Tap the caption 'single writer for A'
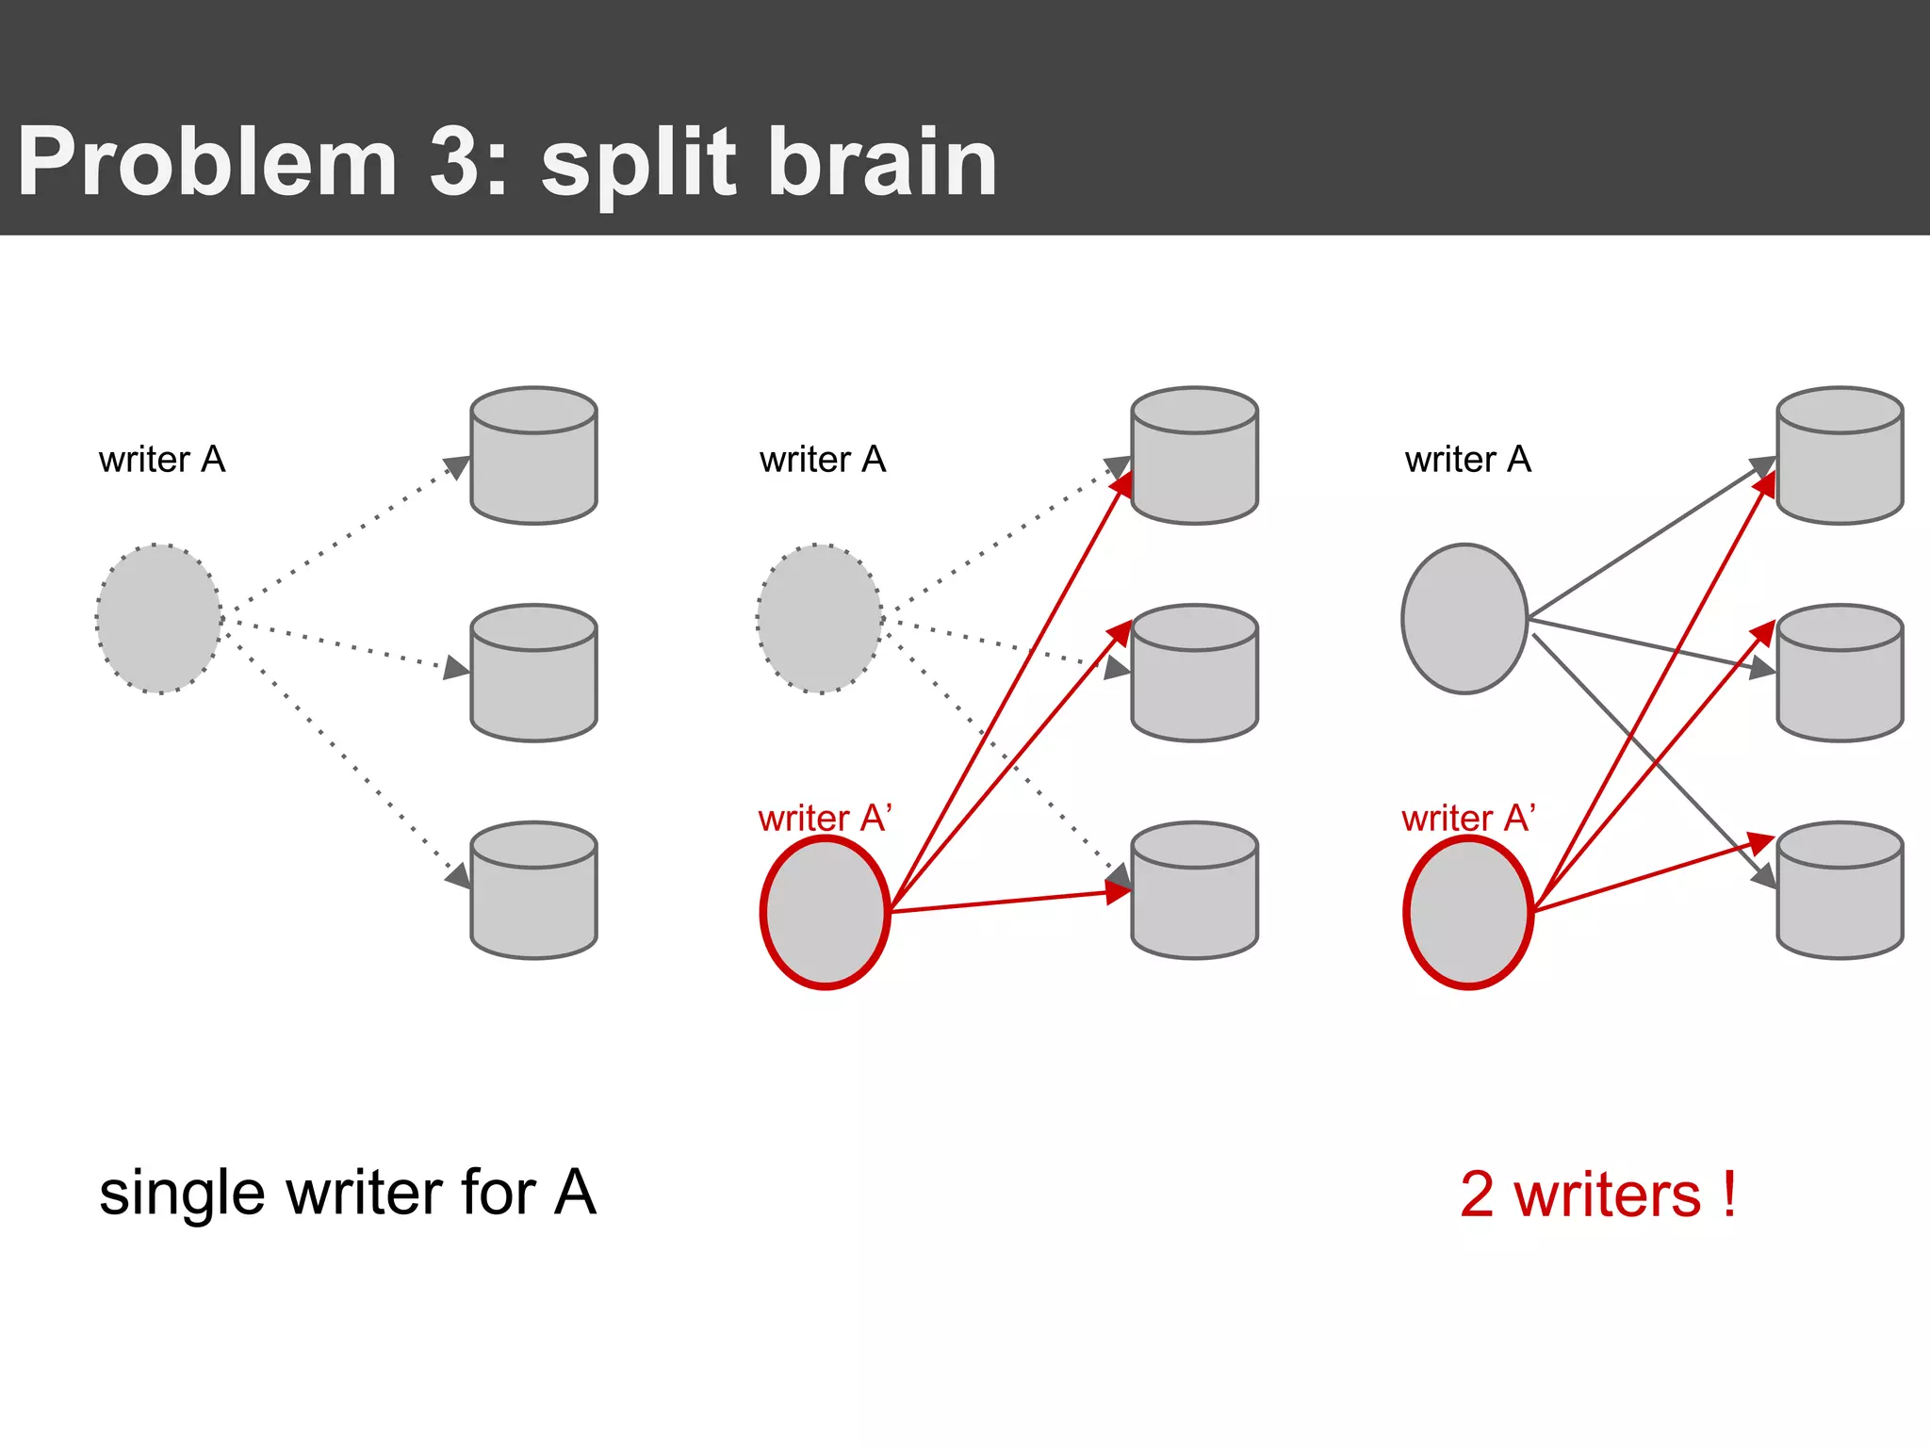(x=347, y=1193)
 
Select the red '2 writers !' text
(x=1597, y=1195)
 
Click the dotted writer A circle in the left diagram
(x=158, y=619)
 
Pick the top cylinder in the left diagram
(x=533, y=456)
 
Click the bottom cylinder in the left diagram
(x=533, y=891)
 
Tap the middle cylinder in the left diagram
(x=533, y=674)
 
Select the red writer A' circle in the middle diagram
(x=825, y=913)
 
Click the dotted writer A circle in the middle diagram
(x=819, y=619)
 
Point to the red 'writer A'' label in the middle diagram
(x=824, y=818)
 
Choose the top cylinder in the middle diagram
(x=1194, y=456)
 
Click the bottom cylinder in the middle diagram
(x=1194, y=891)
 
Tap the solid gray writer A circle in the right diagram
(x=1464, y=619)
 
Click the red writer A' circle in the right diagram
(x=1468, y=913)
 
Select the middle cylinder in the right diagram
(x=1840, y=674)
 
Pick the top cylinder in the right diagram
(x=1840, y=456)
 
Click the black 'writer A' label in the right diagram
(x=1467, y=460)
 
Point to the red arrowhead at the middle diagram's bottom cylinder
(x=1118, y=892)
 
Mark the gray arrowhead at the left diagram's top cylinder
(x=458, y=466)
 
